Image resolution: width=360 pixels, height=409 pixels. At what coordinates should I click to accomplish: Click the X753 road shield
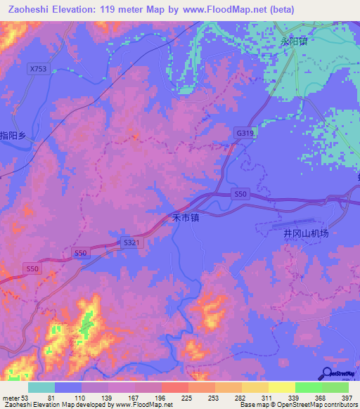click(x=39, y=69)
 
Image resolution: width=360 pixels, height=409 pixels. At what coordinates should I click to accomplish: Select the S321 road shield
click(x=131, y=242)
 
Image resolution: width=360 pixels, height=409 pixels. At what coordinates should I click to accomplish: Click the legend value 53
click(x=25, y=397)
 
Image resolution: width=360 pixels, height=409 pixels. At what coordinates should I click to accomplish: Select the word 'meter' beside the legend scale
click(x=10, y=397)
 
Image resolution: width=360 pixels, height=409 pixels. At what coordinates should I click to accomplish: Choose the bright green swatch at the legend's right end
click(x=335, y=387)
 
